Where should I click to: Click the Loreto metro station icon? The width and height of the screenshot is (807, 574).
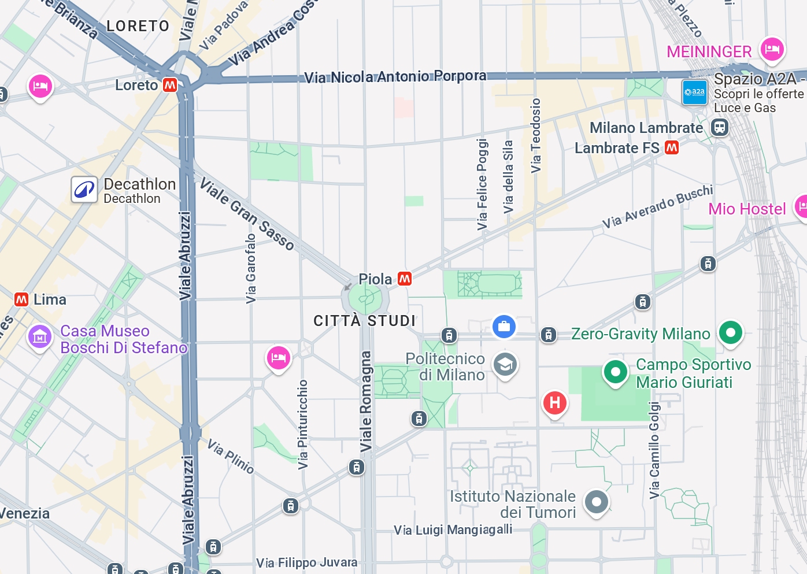pyautogui.click(x=170, y=85)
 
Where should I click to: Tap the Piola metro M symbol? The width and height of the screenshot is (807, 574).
pyautogui.click(x=405, y=279)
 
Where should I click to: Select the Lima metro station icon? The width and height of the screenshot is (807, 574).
pyautogui.click(x=21, y=299)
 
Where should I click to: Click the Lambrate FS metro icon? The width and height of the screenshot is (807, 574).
pyautogui.click(x=672, y=148)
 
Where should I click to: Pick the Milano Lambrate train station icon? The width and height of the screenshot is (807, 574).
pyautogui.click(x=720, y=127)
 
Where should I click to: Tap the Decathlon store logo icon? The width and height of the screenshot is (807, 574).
pyautogui.click(x=84, y=190)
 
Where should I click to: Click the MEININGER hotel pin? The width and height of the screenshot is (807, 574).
pyautogui.click(x=772, y=50)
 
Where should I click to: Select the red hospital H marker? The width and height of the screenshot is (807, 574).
pyautogui.click(x=555, y=402)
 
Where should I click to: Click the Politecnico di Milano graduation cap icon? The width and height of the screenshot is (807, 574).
pyautogui.click(x=505, y=365)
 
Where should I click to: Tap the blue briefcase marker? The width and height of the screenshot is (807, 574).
pyautogui.click(x=504, y=327)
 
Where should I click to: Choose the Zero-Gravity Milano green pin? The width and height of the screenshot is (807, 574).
pyautogui.click(x=731, y=332)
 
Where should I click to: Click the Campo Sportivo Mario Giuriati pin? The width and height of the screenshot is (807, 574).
pyautogui.click(x=616, y=372)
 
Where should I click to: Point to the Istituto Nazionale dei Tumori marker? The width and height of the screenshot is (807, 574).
pyautogui.click(x=596, y=502)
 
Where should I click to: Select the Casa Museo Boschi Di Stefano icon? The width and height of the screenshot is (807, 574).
pyautogui.click(x=40, y=336)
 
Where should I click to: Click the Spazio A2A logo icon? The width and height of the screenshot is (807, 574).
pyautogui.click(x=694, y=92)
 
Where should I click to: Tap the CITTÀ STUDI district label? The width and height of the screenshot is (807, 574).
pyautogui.click(x=364, y=321)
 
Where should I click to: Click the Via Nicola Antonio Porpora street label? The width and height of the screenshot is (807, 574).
pyautogui.click(x=395, y=76)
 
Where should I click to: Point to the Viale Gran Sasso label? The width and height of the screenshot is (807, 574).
pyautogui.click(x=247, y=214)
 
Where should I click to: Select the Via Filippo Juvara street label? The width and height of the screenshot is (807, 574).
pyautogui.click(x=307, y=562)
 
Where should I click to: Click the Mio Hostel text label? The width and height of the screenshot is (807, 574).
pyautogui.click(x=747, y=209)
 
